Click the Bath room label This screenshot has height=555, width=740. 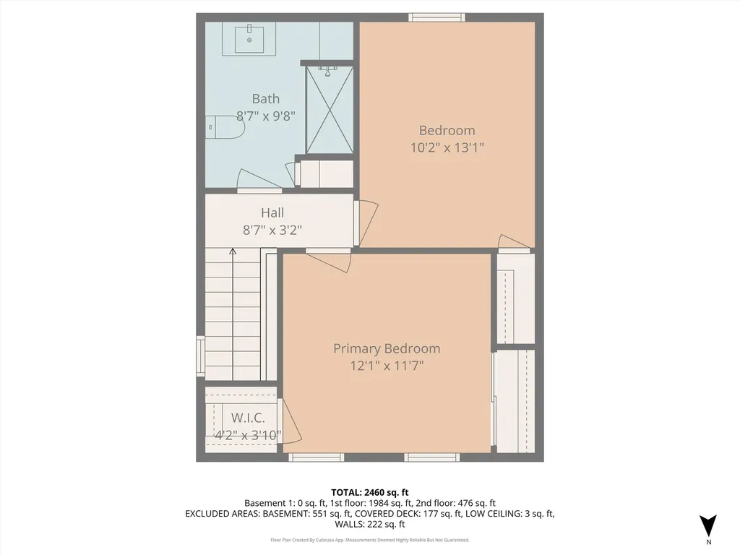tap(265, 99)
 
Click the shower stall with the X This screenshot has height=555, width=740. tap(330, 110)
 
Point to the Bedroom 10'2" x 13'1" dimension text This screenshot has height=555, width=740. tap(447, 147)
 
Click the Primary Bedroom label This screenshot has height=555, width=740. tap(386, 348)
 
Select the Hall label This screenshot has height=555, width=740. tap(272, 212)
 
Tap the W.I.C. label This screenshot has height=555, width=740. tap(248, 418)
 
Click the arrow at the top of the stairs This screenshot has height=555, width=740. tap(233, 251)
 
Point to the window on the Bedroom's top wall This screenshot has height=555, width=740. tap(436, 17)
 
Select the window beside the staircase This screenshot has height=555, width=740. tap(200, 356)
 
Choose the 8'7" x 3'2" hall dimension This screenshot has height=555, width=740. tap(272, 231)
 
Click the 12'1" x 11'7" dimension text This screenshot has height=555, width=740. tap(386, 366)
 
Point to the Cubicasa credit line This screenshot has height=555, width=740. tap(369, 540)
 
